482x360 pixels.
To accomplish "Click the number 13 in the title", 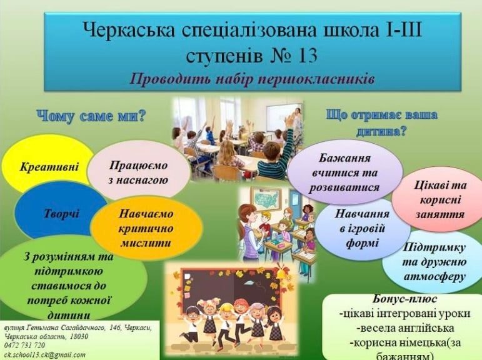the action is tap(305, 56).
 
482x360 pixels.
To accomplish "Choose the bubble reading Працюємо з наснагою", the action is tap(138, 171).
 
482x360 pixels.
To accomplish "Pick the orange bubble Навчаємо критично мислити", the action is tap(146, 228).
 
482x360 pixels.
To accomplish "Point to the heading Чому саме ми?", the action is tap(91, 116).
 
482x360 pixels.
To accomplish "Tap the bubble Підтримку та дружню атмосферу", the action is tap(434, 262).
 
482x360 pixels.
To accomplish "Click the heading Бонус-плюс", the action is tap(405, 299).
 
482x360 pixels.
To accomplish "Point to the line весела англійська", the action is tap(405, 327).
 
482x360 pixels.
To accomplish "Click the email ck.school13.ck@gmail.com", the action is tap(45, 355).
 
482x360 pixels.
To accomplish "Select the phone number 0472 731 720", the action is tap(24, 345).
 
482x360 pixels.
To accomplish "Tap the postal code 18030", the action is tap(79, 337).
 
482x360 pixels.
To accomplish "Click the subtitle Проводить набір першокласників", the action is tap(252, 79).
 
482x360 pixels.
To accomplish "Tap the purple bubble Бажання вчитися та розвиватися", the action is tap(345, 172).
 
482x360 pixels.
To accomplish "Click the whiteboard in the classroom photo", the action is tap(279, 117).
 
